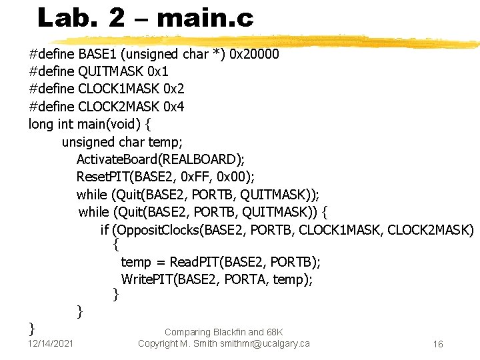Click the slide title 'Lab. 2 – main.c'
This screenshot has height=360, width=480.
tap(145, 18)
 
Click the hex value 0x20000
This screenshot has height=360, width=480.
tap(254, 54)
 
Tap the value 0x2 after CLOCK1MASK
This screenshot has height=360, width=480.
tap(173, 89)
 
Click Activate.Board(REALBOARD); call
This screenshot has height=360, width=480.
tap(160, 159)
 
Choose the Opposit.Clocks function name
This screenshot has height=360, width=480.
tap(156, 231)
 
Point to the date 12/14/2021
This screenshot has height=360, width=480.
tap(51, 343)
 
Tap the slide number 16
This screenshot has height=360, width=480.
tap(438, 344)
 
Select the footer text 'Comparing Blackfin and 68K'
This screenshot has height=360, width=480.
tap(223, 332)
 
